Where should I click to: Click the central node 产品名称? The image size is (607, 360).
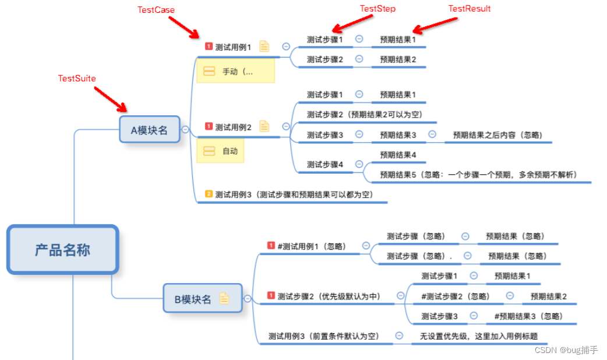click(x=62, y=250)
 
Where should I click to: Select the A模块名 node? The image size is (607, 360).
click(x=149, y=130)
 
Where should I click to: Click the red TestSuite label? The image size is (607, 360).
click(x=77, y=78)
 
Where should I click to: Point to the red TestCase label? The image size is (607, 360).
click(x=156, y=10)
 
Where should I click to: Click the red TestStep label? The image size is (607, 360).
click(x=377, y=9)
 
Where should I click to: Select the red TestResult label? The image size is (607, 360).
click(x=469, y=9)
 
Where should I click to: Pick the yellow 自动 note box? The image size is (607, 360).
click(x=220, y=151)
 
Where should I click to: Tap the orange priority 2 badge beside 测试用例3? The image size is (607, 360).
click(x=209, y=194)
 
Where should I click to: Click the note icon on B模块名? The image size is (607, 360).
click(x=224, y=298)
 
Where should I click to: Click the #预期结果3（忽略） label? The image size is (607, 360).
click(x=528, y=316)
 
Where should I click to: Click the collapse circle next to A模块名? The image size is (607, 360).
click(x=185, y=129)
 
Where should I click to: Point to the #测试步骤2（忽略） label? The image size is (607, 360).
click(x=455, y=296)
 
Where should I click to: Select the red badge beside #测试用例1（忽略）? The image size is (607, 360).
click(x=270, y=245)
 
